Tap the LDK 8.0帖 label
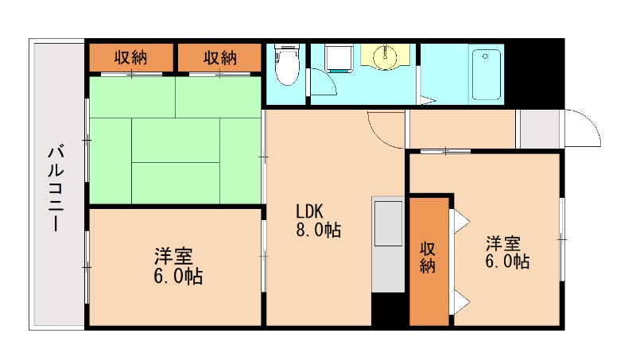318,222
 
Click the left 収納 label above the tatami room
130,57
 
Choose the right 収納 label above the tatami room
219,57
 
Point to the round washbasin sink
387,55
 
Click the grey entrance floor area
539,129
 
